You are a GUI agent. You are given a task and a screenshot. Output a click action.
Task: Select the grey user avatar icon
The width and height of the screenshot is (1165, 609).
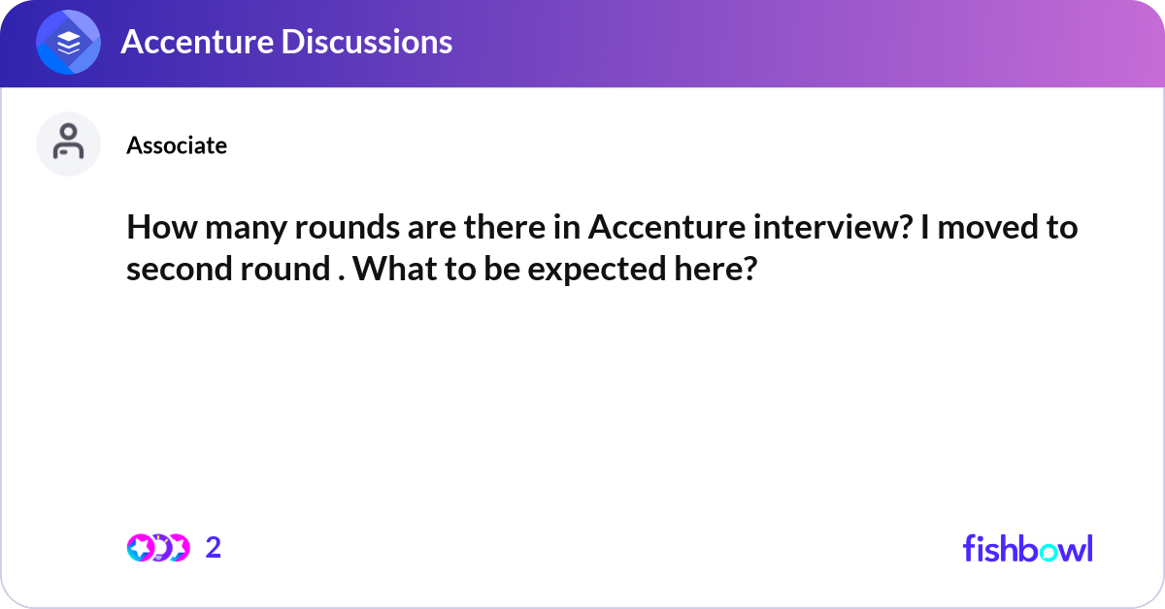click(69, 144)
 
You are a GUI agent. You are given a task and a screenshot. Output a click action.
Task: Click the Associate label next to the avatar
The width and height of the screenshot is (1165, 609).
click(177, 145)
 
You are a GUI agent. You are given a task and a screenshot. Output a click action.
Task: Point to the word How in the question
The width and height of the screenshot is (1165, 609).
click(156, 230)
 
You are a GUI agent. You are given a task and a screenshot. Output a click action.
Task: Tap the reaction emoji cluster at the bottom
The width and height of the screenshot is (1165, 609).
click(158, 548)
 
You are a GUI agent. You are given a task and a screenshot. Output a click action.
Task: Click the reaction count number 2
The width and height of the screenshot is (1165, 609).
click(214, 548)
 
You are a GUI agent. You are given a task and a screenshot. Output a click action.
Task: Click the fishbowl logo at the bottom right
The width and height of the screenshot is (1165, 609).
click(1027, 548)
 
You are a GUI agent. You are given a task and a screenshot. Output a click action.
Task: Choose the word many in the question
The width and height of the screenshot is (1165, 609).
click(235, 230)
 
